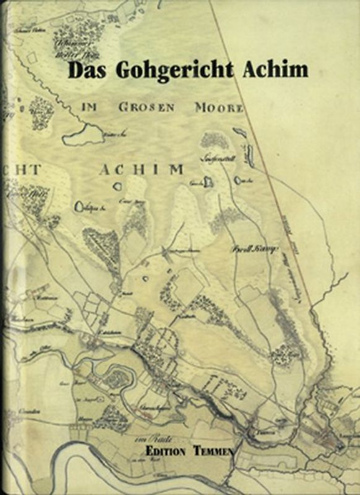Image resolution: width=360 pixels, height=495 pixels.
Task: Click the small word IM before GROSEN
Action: coord(90,106)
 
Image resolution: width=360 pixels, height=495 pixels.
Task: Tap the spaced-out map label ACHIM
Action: coord(141,169)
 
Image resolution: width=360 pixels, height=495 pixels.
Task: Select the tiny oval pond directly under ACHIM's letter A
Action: coord(115,185)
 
